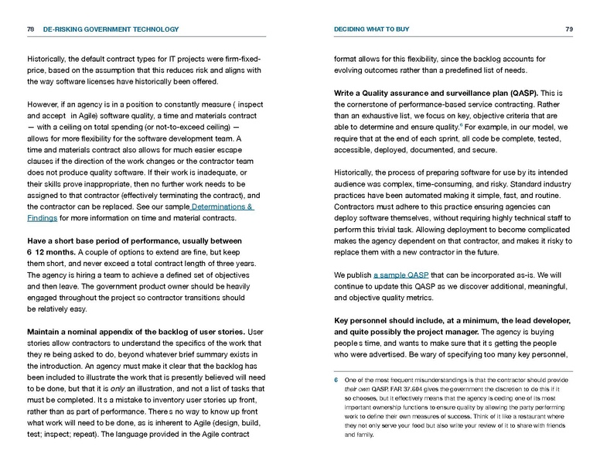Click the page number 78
pos(30,29)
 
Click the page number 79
pos(569,29)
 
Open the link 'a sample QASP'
pos(401,275)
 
